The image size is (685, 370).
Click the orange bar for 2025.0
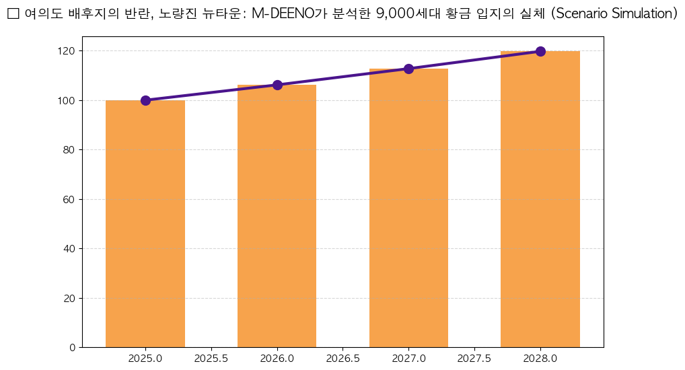145,223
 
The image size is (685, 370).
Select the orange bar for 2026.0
277,216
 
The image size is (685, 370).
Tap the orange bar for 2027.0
408,208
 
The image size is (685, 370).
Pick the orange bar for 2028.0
540,199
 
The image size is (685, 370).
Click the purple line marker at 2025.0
145,100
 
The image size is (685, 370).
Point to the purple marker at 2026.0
277,85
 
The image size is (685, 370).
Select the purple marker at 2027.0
408,69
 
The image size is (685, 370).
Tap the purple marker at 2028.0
540,51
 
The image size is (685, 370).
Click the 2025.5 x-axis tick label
211,359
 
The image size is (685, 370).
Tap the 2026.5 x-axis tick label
342,359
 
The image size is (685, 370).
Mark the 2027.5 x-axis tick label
474,359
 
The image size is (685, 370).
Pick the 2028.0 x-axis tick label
540,359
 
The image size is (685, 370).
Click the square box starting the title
12,14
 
